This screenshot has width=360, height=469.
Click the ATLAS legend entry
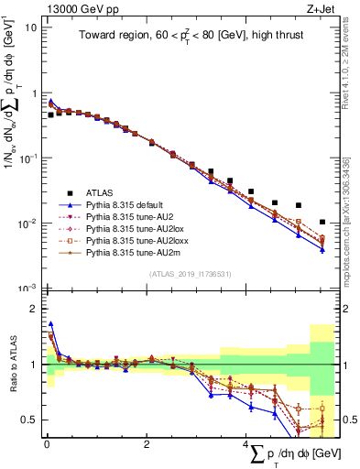(x=102, y=192)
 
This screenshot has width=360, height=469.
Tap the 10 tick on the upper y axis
(x=30, y=27)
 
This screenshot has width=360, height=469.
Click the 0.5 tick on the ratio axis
(x=29, y=420)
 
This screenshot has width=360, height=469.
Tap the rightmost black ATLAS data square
(x=322, y=222)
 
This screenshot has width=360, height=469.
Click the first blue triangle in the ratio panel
(x=50, y=323)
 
